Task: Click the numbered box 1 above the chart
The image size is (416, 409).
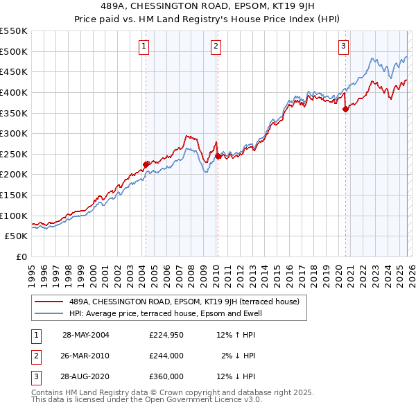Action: [144, 46]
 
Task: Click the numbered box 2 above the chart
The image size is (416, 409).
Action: [216, 46]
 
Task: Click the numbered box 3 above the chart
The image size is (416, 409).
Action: [343, 46]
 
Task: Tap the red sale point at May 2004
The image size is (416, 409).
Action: [146, 164]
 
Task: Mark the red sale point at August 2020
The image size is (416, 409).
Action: [345, 109]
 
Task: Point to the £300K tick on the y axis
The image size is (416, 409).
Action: [14, 133]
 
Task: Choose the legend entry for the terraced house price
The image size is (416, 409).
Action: [184, 302]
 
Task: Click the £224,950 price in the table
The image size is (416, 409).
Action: [166, 335]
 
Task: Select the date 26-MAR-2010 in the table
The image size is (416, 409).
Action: [86, 356]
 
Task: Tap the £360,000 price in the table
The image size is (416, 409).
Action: [166, 376]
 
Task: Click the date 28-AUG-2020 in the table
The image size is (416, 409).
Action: [86, 376]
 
